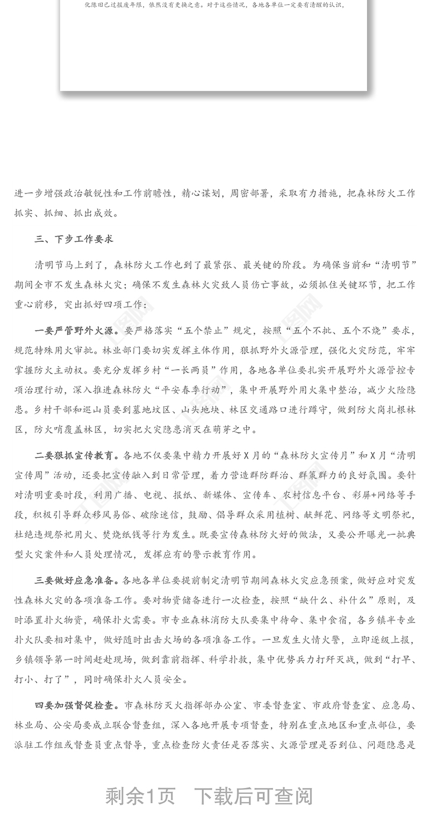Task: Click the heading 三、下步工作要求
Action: tap(74, 239)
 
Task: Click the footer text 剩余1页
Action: tap(140, 796)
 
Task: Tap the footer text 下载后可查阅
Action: tap(253, 796)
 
